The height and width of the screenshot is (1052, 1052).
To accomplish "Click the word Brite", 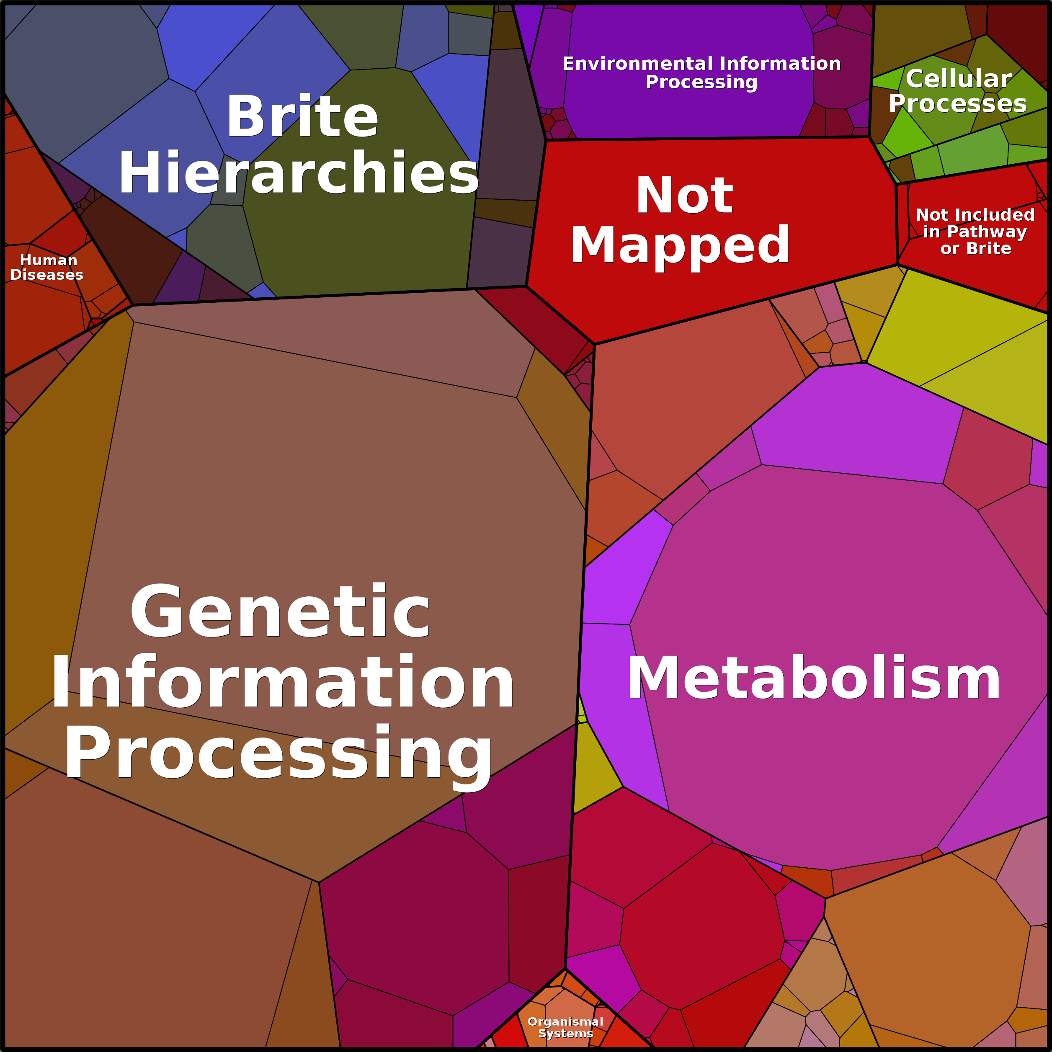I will pyautogui.click(x=302, y=117).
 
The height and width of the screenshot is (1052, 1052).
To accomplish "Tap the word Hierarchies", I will pyautogui.click(x=299, y=173).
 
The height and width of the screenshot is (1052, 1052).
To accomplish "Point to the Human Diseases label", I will pyautogui.click(x=47, y=267).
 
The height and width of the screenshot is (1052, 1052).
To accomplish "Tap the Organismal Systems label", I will pyautogui.click(x=565, y=1027).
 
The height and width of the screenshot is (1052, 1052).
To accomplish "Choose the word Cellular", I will pyautogui.click(x=958, y=79).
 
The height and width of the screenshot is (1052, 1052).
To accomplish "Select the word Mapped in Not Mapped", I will pyautogui.click(x=680, y=245).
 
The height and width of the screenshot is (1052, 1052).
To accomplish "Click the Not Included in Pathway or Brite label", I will pyautogui.click(x=975, y=232).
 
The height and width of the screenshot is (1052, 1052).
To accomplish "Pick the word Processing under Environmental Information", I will pyautogui.click(x=701, y=82).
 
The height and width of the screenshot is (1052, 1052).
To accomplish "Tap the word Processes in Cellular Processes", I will pyautogui.click(x=958, y=103).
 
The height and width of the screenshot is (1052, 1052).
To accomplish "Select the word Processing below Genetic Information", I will pyautogui.click(x=278, y=754).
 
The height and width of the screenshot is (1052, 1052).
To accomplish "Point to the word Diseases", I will pyautogui.click(x=47, y=275).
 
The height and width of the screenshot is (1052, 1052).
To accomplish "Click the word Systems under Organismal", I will pyautogui.click(x=565, y=1034).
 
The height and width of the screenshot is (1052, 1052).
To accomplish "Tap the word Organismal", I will pyautogui.click(x=565, y=1021).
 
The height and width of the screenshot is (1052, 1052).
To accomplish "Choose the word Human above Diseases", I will pyautogui.click(x=49, y=260).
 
